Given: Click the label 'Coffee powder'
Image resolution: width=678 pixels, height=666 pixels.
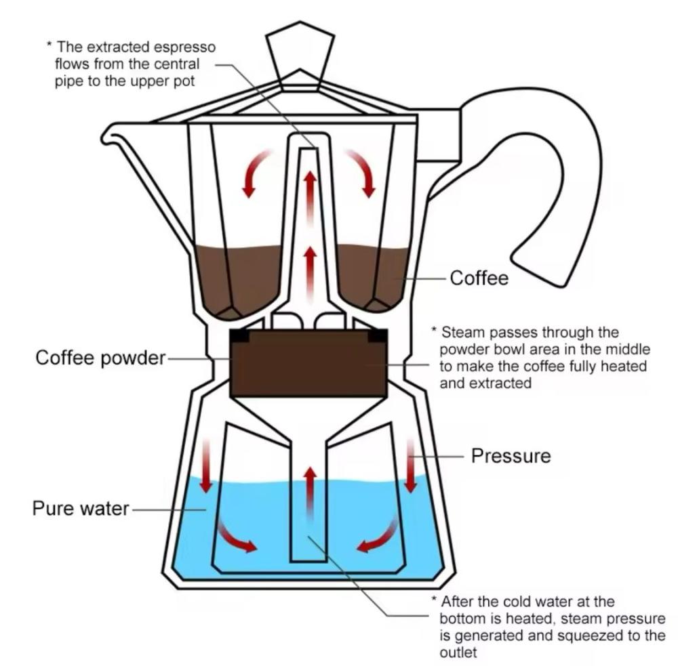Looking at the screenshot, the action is (100, 358).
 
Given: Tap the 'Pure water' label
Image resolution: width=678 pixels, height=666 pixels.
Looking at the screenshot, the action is (81, 508).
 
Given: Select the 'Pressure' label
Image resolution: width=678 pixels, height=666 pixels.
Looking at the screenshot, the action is (511, 456).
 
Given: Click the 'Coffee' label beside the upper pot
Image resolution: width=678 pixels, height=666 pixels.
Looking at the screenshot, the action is (479, 278).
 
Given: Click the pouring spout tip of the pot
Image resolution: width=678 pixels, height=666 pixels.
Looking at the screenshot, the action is (105, 137).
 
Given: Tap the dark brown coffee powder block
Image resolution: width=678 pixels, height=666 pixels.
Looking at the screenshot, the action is (308, 363).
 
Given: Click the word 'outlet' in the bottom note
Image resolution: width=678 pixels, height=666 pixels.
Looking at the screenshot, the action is (458, 652).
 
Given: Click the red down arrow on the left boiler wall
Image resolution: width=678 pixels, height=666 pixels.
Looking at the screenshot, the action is (206, 465).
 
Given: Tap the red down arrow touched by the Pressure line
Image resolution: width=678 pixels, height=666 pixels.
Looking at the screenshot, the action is (411, 465).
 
